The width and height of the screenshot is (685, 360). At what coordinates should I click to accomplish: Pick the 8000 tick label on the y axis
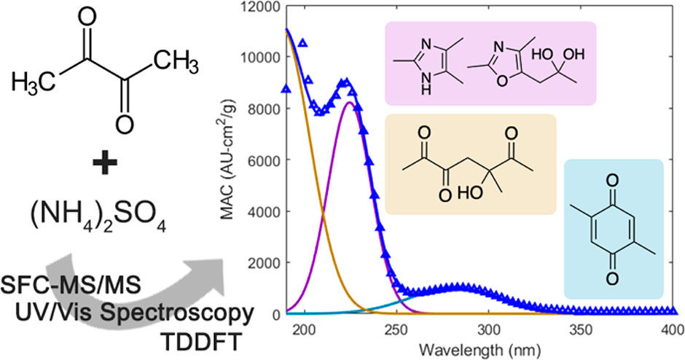(265, 109)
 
